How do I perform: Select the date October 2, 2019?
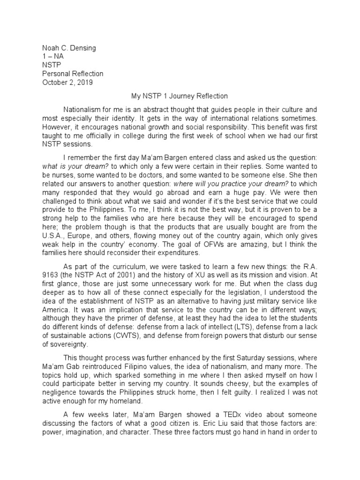pyautogui.click(x=67, y=82)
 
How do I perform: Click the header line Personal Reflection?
pyautogui.click(x=73, y=74)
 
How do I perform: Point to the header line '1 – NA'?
pyautogui.click(x=53, y=56)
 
